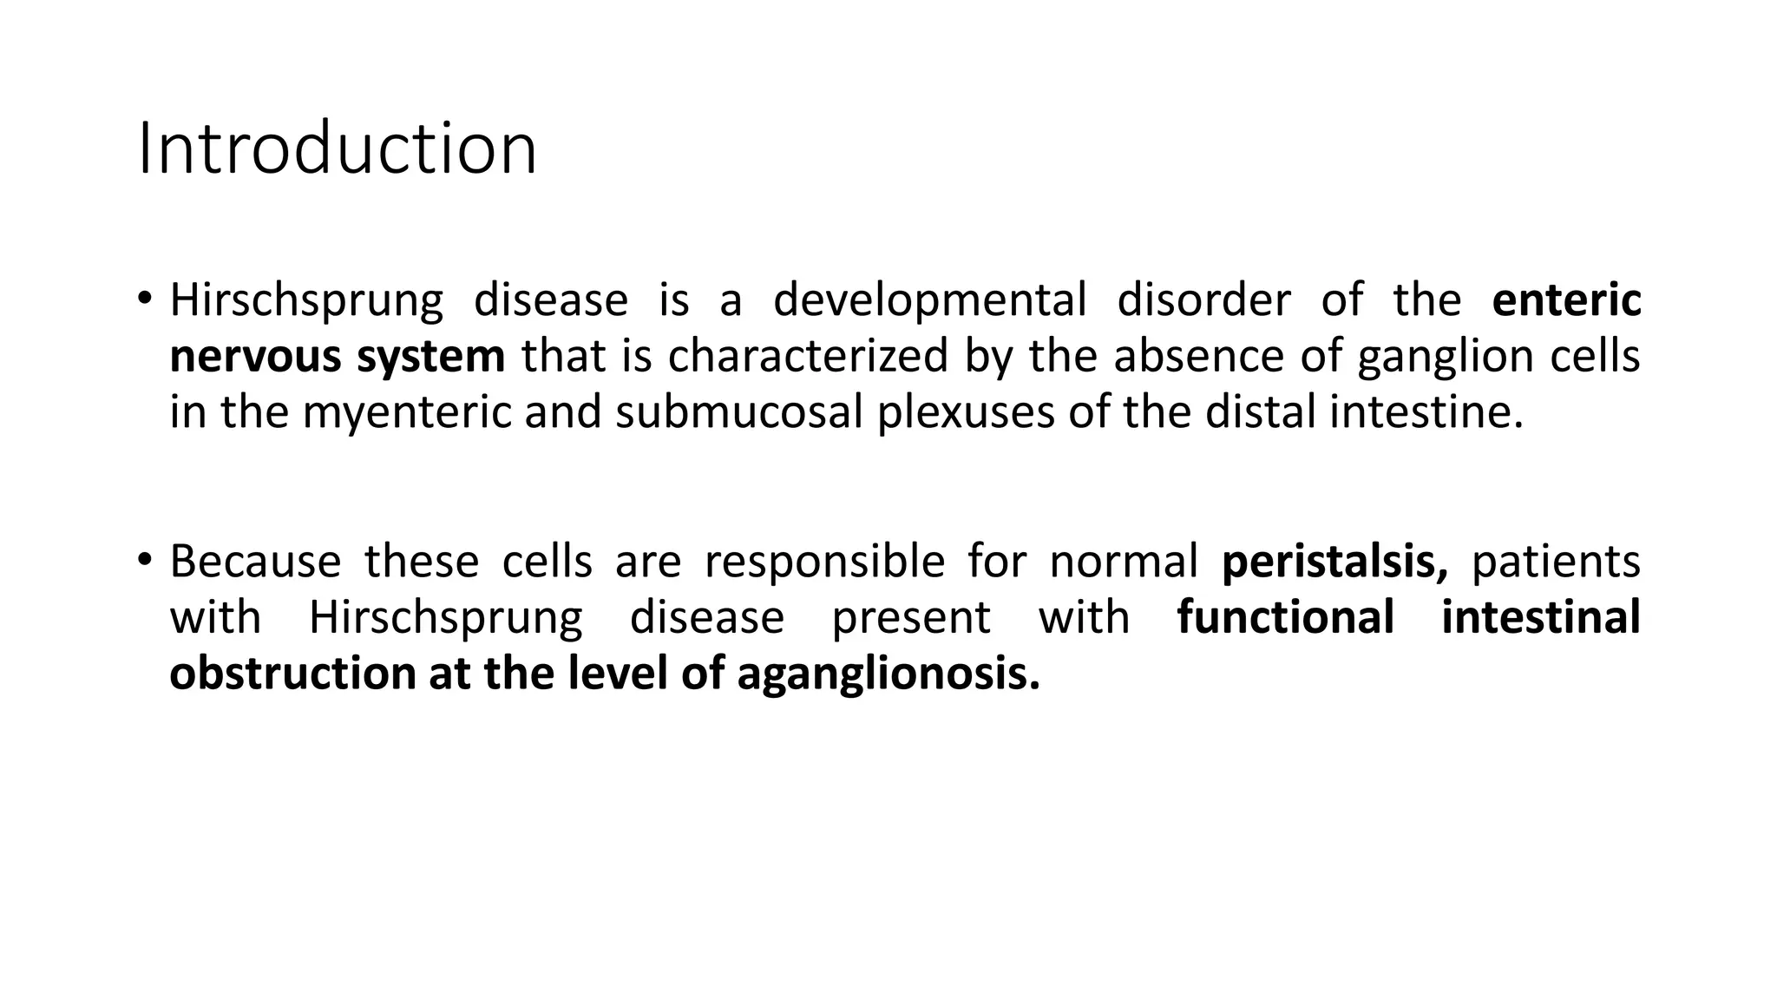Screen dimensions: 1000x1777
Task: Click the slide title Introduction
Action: (337, 149)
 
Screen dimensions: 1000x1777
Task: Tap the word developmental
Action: (929, 300)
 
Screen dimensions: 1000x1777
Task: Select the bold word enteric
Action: (1566, 300)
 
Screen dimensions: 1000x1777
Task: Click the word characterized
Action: (808, 357)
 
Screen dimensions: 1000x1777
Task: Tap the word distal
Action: (1262, 412)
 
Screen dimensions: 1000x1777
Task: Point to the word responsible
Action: (824, 562)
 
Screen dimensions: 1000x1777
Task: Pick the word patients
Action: (1556, 562)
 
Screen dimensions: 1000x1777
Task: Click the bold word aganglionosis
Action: (888, 674)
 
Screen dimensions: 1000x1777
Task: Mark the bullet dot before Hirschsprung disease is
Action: (144, 298)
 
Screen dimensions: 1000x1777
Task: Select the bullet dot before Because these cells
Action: (144, 559)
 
